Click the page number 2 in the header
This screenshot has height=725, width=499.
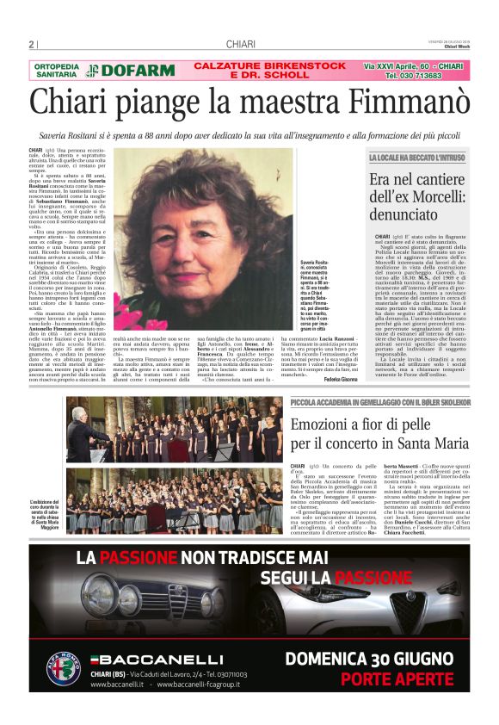(32, 45)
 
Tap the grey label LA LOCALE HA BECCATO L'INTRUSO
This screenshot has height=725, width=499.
(416, 158)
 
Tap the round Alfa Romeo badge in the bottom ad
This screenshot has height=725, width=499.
(64, 668)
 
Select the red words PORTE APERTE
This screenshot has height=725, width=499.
(409, 679)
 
